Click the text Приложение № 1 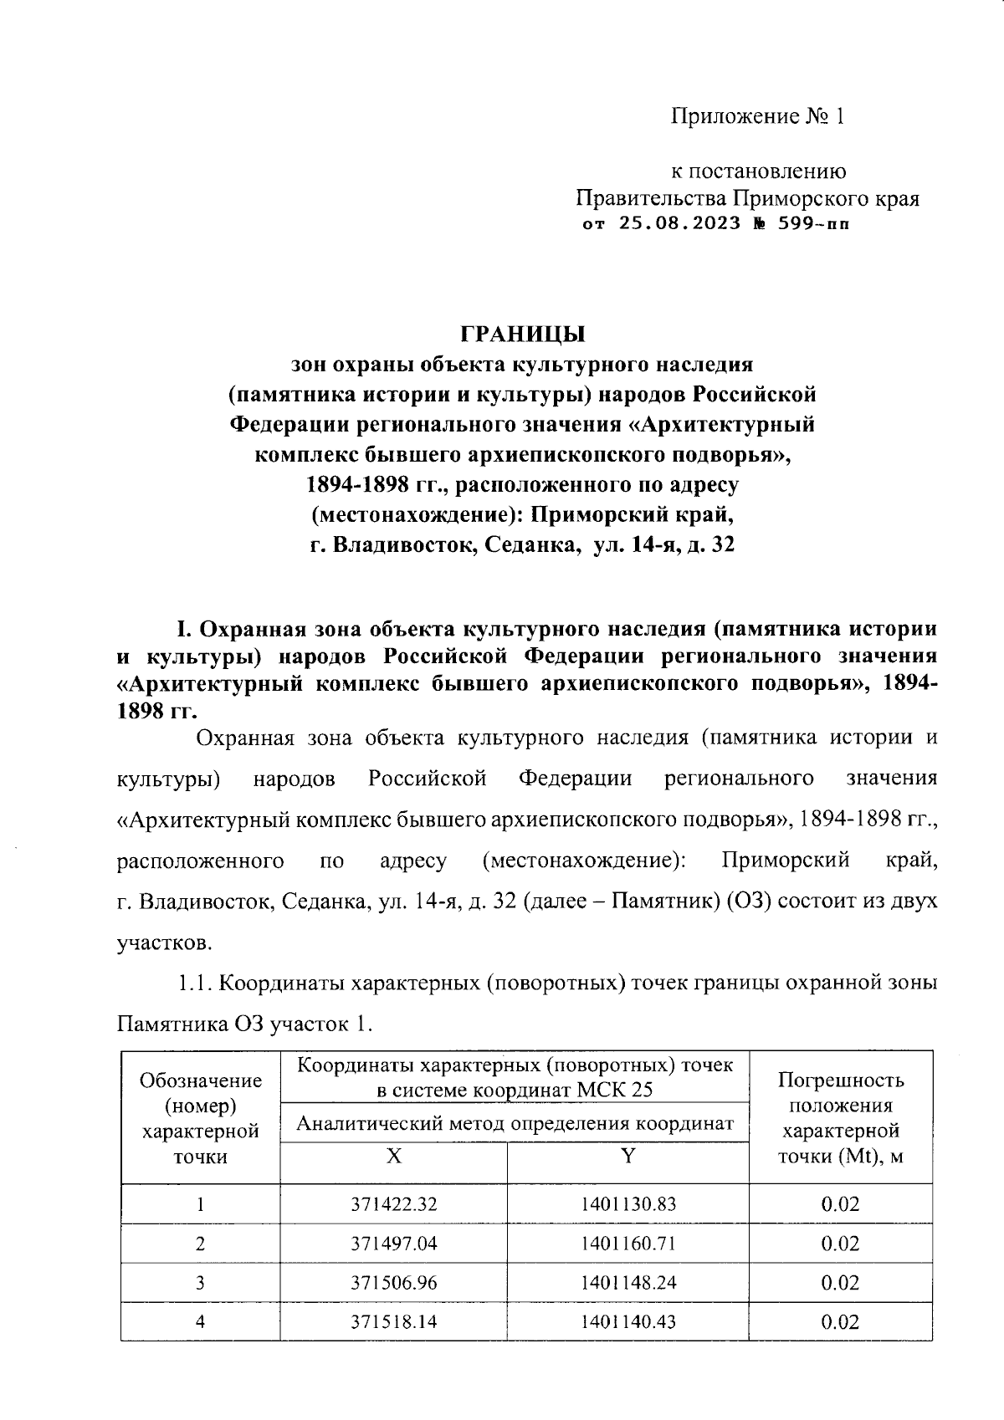(x=757, y=116)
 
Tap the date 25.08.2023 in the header (x=679, y=224)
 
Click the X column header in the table (x=393, y=1157)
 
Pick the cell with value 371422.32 (x=393, y=1204)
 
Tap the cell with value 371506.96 (x=393, y=1283)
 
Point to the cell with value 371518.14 (x=393, y=1322)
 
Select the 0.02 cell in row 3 (x=840, y=1283)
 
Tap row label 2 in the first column (x=200, y=1244)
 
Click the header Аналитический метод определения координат (x=515, y=1124)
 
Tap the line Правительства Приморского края (x=746, y=199)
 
